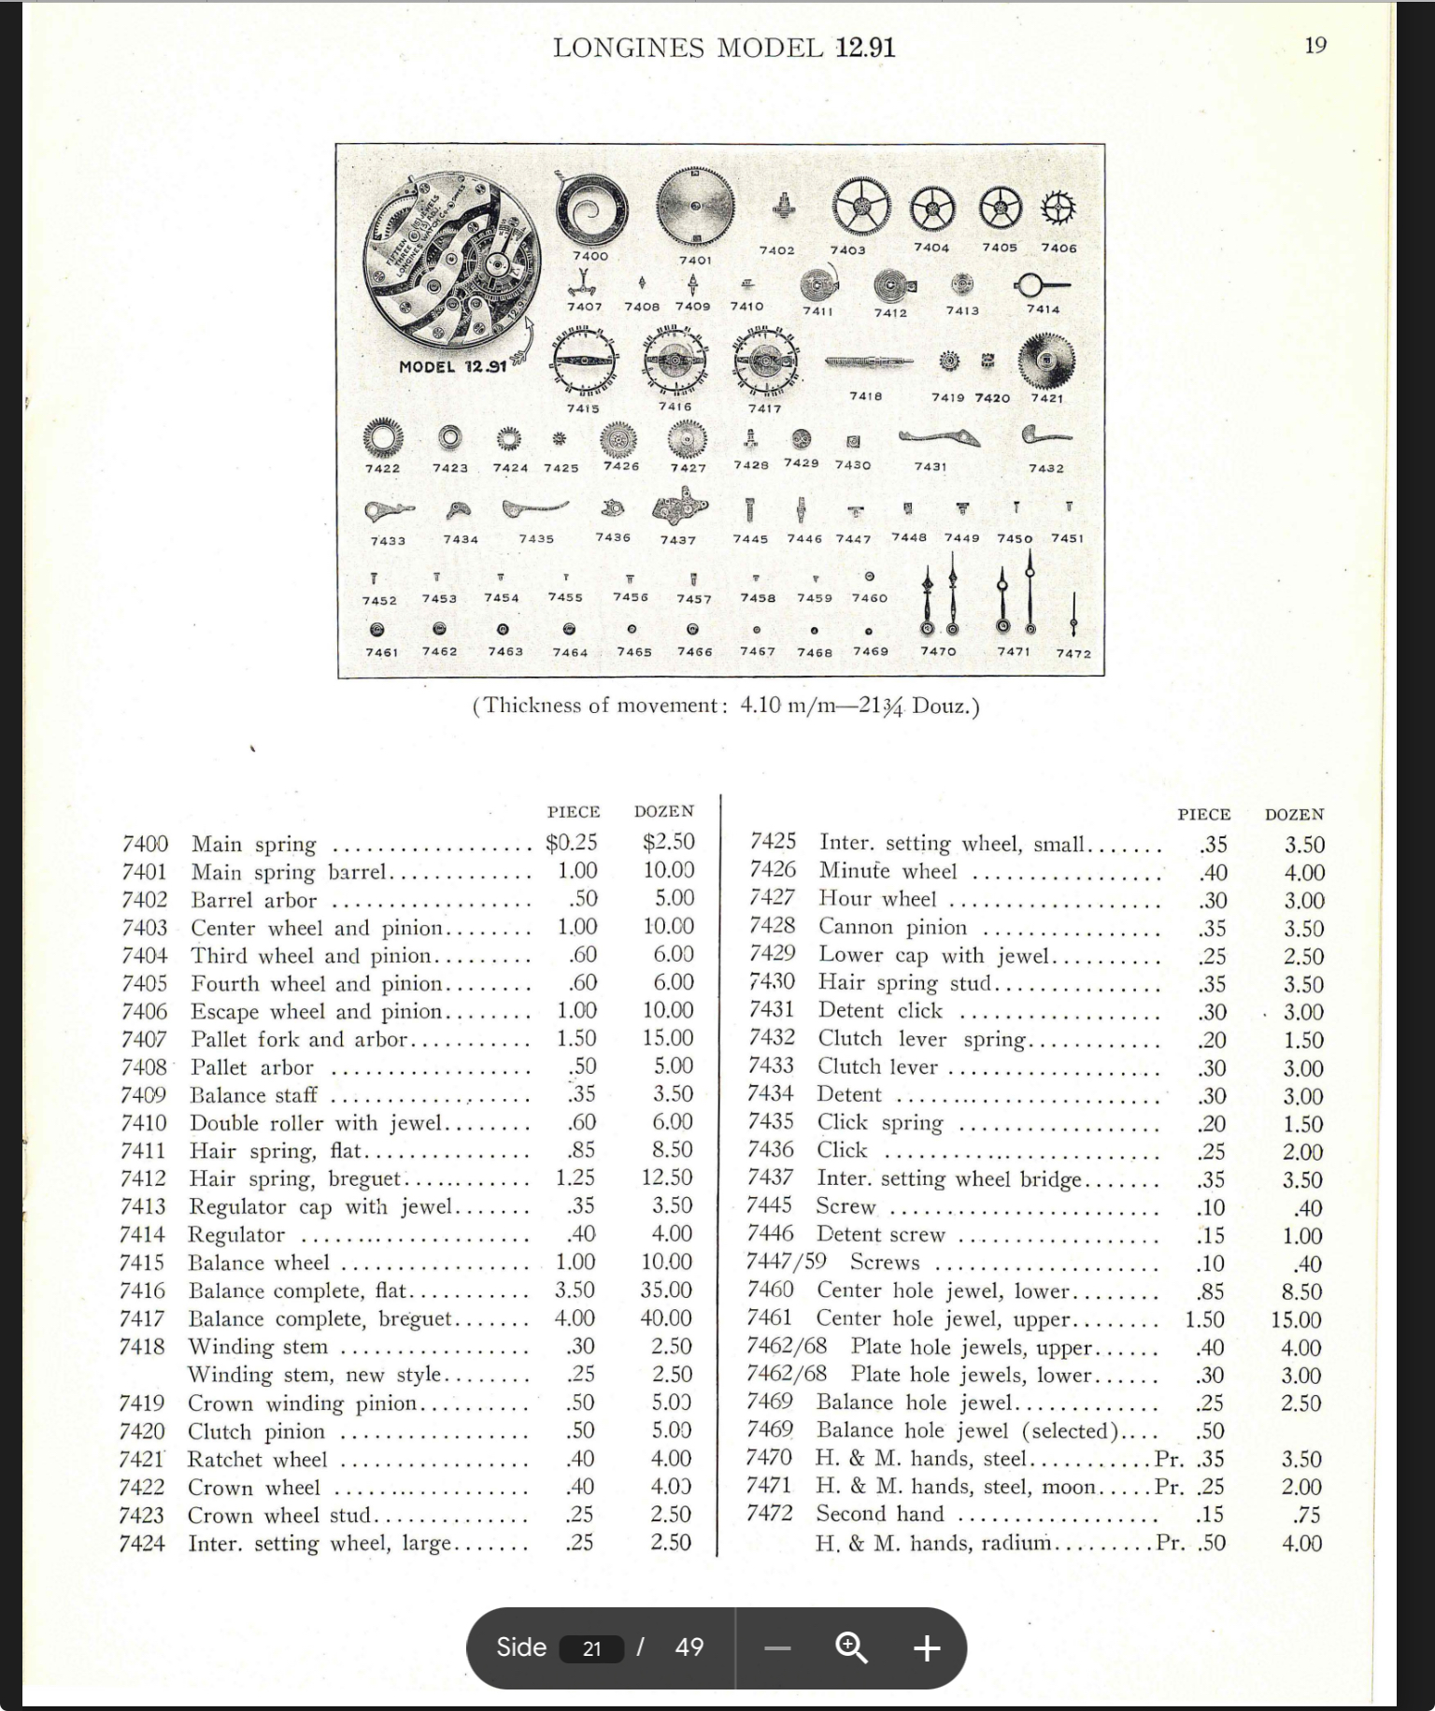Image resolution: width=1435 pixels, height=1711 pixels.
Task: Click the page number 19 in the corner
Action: click(1315, 46)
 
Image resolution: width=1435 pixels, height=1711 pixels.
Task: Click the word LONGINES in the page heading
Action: click(628, 48)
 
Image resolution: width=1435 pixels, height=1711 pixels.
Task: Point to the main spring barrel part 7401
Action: click(695, 208)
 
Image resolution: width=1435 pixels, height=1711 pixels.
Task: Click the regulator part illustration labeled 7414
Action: click(1041, 284)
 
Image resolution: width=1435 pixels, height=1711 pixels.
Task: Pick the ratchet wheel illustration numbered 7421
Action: click(1046, 361)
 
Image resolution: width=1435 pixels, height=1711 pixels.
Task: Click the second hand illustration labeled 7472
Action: click(1073, 615)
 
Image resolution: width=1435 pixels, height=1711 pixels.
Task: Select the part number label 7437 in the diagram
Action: click(678, 540)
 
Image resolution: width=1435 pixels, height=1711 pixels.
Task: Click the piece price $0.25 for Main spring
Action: click(571, 843)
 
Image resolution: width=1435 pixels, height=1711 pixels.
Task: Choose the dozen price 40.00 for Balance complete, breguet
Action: click(666, 1319)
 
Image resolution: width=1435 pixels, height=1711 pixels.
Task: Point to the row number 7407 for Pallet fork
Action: click(144, 1039)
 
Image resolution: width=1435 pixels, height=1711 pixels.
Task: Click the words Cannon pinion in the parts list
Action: click(892, 927)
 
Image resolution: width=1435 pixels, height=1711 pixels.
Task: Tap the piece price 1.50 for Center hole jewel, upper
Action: click(1204, 1319)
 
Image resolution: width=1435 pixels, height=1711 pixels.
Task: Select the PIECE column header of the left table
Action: click(574, 812)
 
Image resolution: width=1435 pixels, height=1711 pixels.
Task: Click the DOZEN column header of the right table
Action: click(1294, 815)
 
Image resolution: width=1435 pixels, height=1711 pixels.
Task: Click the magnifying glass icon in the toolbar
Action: click(851, 1647)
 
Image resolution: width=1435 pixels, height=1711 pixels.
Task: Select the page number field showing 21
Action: click(591, 1648)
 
